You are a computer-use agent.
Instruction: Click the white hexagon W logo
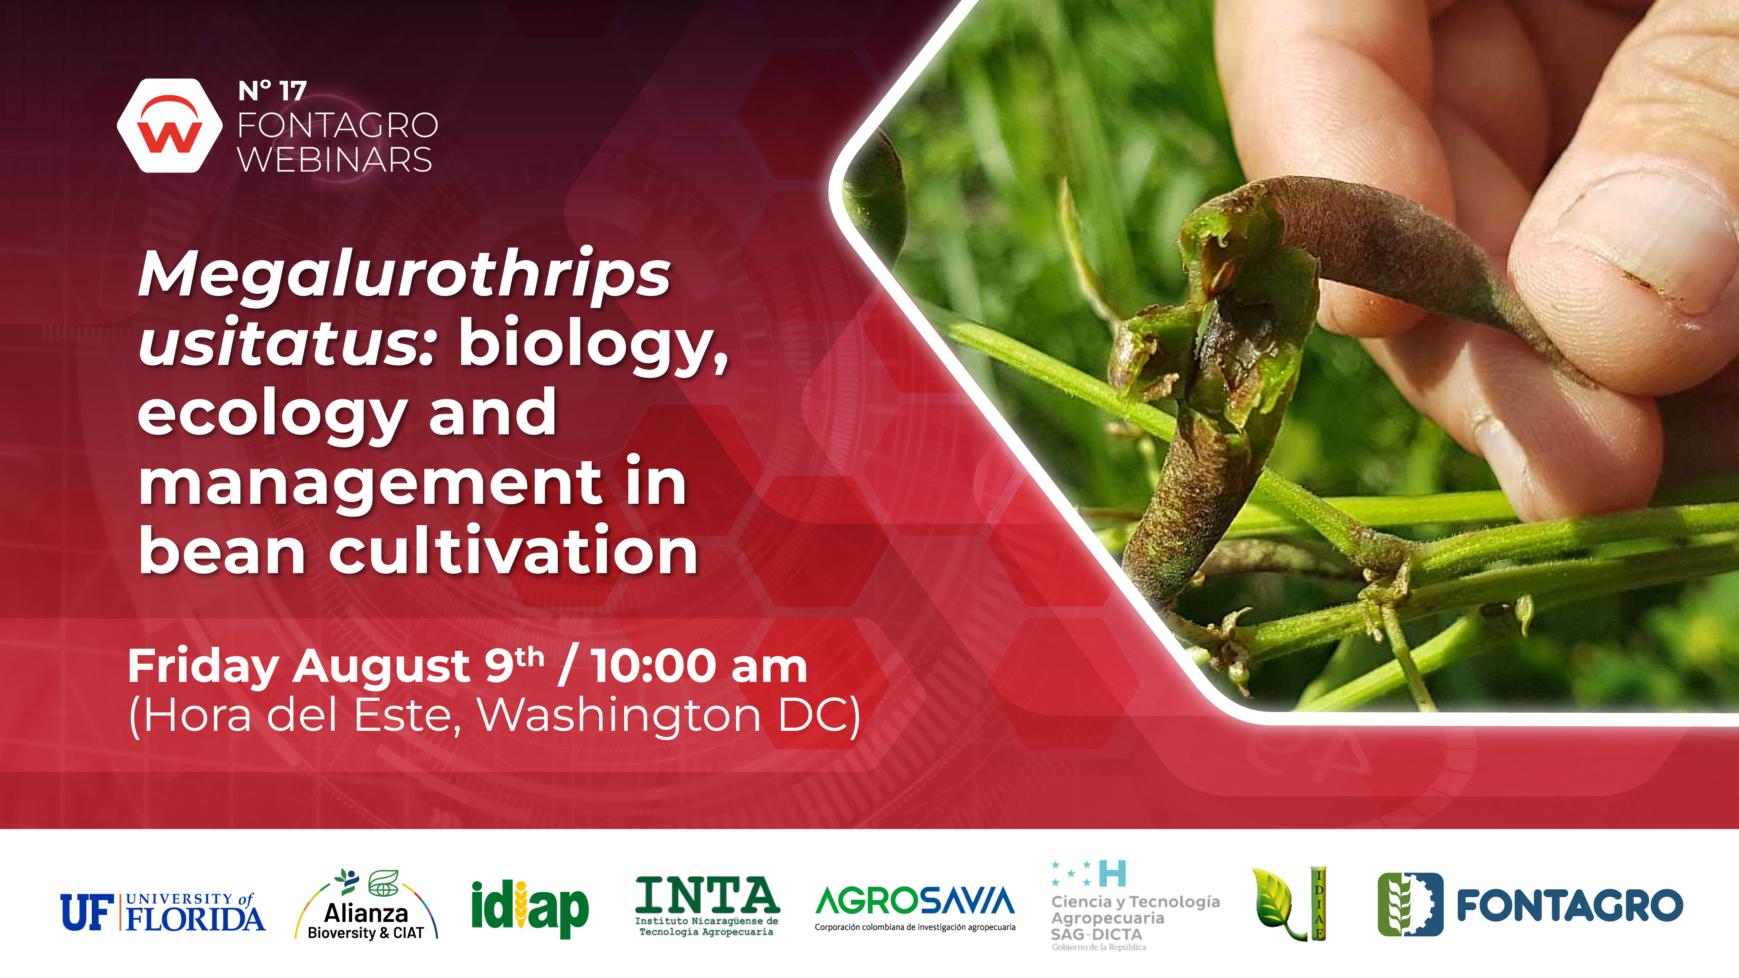tap(170, 126)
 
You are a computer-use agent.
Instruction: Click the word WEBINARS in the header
tap(335, 160)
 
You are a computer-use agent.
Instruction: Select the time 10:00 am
tap(700, 666)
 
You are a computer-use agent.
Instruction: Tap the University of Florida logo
tap(163, 912)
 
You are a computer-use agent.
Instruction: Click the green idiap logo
tap(530, 908)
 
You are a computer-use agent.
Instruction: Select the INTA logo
tap(707, 906)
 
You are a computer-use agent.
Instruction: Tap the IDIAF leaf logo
tap(1289, 903)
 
